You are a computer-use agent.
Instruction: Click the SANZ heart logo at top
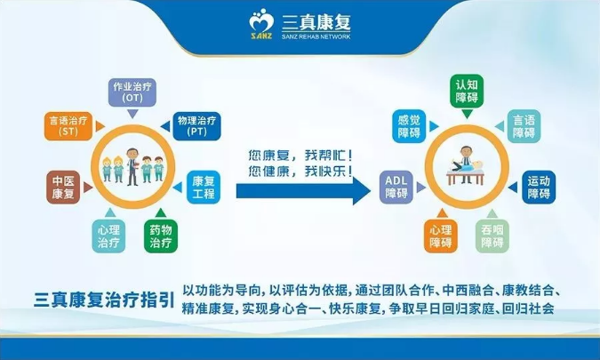pyautogui.click(x=261, y=24)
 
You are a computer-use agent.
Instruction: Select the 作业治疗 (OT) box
pyautogui.click(x=132, y=92)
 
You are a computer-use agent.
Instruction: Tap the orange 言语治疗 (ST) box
pyautogui.click(x=68, y=126)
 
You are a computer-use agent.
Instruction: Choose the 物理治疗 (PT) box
pyautogui.click(x=196, y=126)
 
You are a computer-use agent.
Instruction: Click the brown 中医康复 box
pyautogui.click(x=63, y=187)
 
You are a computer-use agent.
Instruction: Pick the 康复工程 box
pyautogui.click(x=204, y=187)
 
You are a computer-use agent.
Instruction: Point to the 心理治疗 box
pyautogui.click(x=108, y=236)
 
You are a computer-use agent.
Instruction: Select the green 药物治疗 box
pyautogui.click(x=161, y=236)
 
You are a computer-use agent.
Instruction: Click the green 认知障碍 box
pyautogui.click(x=467, y=91)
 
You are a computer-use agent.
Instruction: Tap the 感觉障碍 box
pyautogui.click(x=409, y=126)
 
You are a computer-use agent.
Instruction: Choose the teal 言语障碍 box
pyautogui.click(x=524, y=126)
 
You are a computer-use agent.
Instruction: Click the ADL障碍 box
pyautogui.click(x=396, y=187)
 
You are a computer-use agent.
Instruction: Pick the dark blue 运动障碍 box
pyautogui.click(x=539, y=187)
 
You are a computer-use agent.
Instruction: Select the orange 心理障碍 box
pyautogui.click(x=441, y=236)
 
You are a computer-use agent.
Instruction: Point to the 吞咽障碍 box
pyautogui.click(x=492, y=236)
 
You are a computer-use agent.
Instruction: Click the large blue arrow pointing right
pyautogui.click(x=303, y=190)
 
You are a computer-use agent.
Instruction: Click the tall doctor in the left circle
pyautogui.click(x=132, y=167)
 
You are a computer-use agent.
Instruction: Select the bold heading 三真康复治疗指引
pyautogui.click(x=104, y=300)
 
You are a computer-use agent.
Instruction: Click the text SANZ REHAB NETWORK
pyautogui.click(x=316, y=36)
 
